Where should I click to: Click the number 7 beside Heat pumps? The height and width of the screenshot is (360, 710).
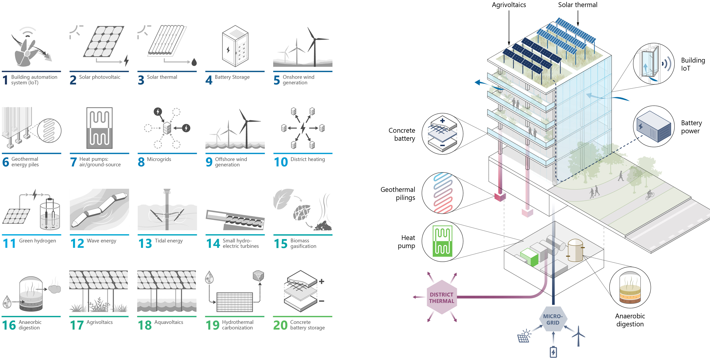73,162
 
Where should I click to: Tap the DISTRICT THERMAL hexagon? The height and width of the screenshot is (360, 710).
442,297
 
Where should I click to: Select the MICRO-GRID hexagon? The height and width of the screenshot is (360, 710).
553,319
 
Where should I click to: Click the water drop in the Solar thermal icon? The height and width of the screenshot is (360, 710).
194,62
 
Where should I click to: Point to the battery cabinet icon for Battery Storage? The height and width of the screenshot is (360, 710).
235,46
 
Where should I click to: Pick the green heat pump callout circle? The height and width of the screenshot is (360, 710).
442,241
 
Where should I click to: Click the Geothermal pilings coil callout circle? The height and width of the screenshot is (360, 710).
442,193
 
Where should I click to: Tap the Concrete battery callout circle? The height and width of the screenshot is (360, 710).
442,134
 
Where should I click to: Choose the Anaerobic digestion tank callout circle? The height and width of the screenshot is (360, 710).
630,287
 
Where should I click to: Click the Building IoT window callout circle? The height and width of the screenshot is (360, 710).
653,64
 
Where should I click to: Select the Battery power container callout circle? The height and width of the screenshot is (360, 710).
653,126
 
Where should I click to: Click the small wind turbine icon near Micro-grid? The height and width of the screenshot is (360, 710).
578,335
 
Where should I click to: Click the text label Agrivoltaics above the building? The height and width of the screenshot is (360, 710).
509,5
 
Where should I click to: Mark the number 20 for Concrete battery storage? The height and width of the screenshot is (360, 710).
280,325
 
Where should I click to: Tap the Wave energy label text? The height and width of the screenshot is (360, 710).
101,241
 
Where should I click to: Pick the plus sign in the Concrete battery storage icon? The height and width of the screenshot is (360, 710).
321,281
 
